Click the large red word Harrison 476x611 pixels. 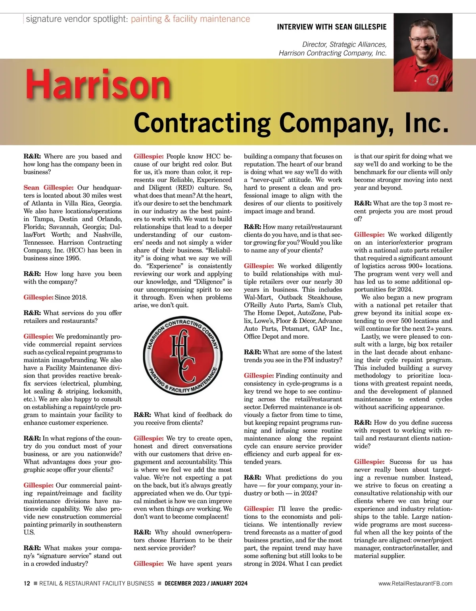[98, 85]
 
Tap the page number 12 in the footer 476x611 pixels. [27, 583]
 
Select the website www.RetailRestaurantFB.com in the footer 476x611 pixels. [415, 583]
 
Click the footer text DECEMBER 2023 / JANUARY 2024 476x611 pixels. [206, 583]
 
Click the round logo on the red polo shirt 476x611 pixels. [433, 81]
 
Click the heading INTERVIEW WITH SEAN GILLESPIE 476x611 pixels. [332, 27]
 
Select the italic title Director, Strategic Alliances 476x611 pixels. [344, 44]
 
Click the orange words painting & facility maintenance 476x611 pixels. [190, 19]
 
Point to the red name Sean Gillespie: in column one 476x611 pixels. [48, 188]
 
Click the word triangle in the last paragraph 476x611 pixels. [365, 540]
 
